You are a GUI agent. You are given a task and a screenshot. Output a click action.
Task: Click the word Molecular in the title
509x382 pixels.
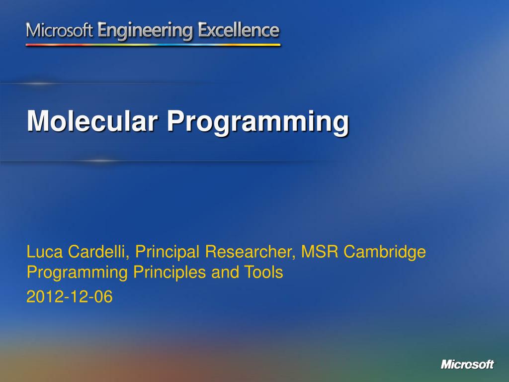(92, 121)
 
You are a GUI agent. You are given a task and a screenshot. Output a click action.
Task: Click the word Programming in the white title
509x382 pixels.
(258, 123)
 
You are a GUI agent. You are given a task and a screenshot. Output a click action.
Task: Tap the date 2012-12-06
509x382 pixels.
(70, 296)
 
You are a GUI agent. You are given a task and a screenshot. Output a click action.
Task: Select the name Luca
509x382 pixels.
(44, 252)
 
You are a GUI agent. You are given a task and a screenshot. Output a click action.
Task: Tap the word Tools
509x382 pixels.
(263, 272)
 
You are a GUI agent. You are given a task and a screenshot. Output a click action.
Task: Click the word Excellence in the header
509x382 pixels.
(239, 30)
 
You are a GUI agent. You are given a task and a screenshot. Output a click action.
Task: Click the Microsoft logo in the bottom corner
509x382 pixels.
(467, 364)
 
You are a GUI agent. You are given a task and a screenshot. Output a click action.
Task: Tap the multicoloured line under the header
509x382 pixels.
(153, 45)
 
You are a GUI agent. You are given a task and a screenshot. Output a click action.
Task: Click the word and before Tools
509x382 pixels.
(225, 272)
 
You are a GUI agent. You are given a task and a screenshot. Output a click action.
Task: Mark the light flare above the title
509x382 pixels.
(38, 84)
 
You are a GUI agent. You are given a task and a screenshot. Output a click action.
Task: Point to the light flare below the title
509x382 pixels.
(100, 161)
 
